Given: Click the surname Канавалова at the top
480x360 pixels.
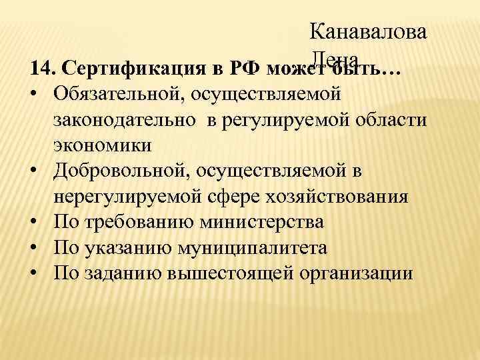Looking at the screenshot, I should pos(369,31).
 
